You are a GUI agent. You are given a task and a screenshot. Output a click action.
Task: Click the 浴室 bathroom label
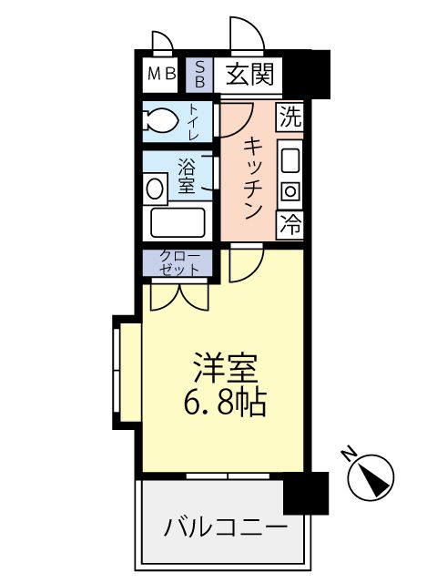186,175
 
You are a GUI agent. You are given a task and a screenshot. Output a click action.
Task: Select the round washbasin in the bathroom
156,189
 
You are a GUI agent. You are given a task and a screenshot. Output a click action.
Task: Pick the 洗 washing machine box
290,117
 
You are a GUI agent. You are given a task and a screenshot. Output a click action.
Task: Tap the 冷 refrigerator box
290,221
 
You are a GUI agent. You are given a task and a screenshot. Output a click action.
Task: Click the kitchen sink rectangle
290,160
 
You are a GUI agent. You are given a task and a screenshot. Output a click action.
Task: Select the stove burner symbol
290,191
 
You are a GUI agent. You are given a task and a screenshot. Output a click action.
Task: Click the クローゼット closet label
178,263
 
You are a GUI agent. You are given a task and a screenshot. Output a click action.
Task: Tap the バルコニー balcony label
226,527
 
